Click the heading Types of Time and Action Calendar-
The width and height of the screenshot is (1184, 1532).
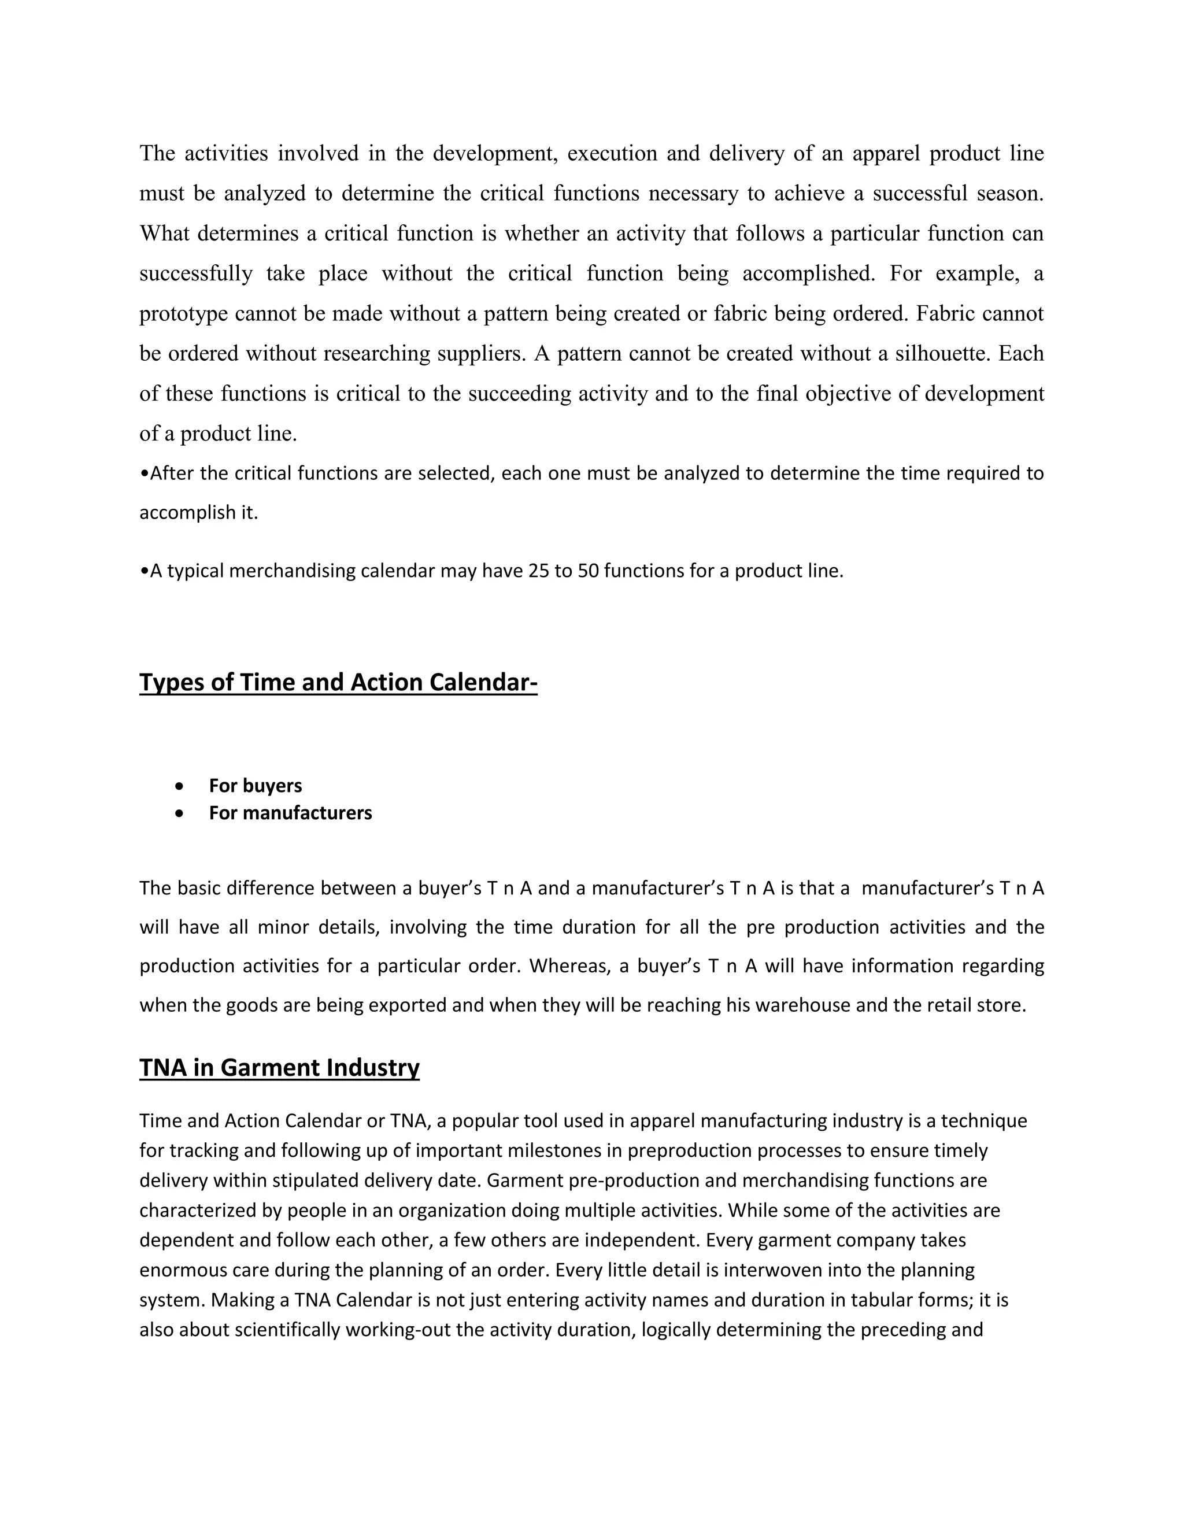point(338,683)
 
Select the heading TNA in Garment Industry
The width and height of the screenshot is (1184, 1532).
point(279,1068)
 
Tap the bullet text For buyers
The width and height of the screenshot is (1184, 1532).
point(256,786)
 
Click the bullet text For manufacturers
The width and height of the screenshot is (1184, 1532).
point(290,813)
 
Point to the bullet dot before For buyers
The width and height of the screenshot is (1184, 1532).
point(181,786)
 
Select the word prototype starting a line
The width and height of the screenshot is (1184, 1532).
point(184,313)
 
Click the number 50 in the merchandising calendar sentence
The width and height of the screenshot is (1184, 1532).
point(588,571)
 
